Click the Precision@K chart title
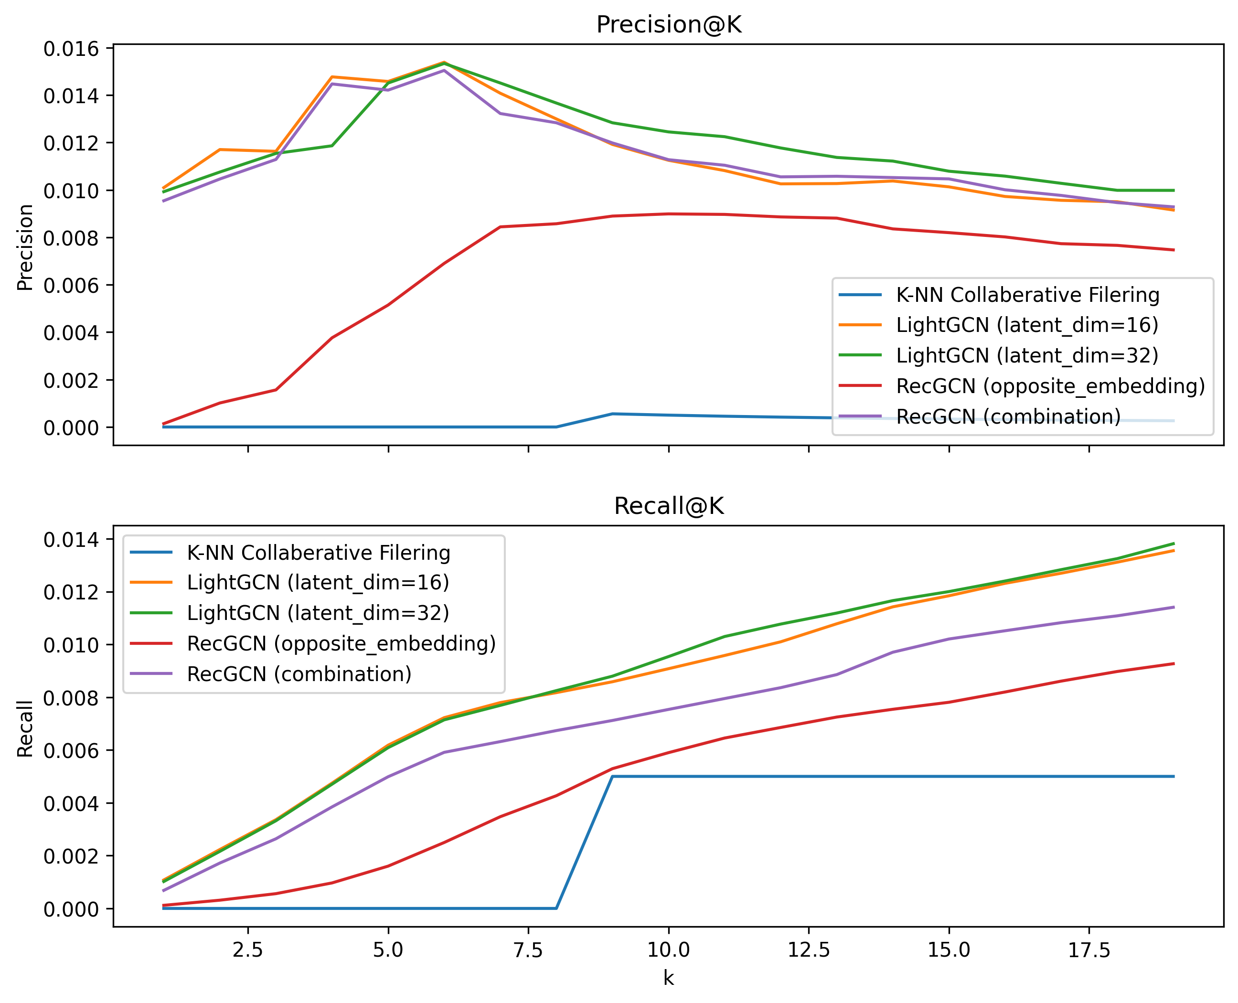[x=668, y=25]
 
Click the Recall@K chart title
[x=668, y=506]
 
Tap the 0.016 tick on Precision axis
[x=71, y=49]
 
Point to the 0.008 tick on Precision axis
[x=71, y=238]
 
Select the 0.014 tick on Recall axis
[x=71, y=540]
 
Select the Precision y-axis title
[x=25, y=247]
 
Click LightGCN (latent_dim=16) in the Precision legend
[x=1026, y=325]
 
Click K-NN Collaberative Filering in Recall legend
[x=318, y=553]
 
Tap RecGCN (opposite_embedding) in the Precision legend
[x=1050, y=386]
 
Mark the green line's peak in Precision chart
[x=444, y=63]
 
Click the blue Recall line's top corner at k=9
[x=612, y=777]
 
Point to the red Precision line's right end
[x=1174, y=250]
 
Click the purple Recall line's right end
[x=1174, y=607]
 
